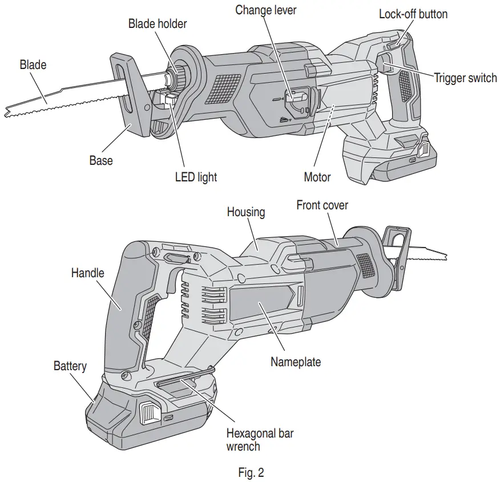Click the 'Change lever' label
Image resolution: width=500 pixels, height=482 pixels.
[x=266, y=10]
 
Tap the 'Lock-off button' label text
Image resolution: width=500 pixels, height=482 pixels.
[x=413, y=14]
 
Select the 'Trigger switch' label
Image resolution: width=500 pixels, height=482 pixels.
[x=465, y=78]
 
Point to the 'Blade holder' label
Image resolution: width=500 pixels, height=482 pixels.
[x=158, y=23]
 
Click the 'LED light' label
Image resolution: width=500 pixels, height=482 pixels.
[x=196, y=177]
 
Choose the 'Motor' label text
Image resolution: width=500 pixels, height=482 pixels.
[x=317, y=177]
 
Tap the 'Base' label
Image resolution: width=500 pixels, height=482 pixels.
[x=101, y=160]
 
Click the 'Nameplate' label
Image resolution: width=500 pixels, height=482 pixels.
[x=296, y=362]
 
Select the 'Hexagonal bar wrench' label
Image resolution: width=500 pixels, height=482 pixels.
[x=260, y=439]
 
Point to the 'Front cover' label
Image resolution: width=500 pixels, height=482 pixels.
[x=322, y=205]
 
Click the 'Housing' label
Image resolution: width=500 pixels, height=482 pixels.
[x=246, y=212]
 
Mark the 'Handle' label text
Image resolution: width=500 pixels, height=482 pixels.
[x=88, y=273]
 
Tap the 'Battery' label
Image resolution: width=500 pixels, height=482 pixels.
[x=70, y=365]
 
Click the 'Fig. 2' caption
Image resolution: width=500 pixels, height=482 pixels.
[x=251, y=472]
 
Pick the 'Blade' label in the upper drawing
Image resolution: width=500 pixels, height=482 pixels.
[x=33, y=65]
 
